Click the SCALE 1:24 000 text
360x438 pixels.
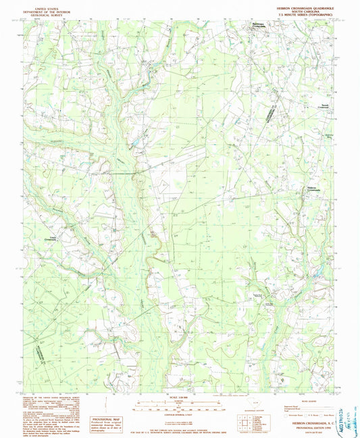pyautogui.click(x=180, y=396)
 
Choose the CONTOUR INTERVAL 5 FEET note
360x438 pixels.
pyautogui.click(x=180, y=413)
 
